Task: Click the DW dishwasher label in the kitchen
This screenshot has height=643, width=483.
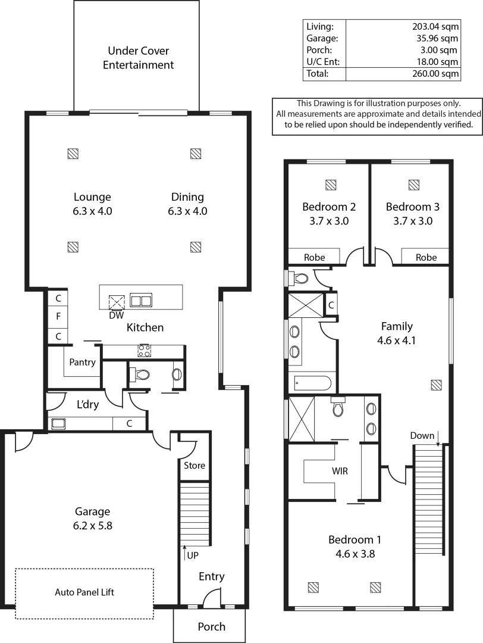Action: click(116, 315)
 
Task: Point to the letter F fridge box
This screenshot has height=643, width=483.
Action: click(58, 317)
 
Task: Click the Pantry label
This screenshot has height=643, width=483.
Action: click(83, 362)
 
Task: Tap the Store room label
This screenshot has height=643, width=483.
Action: click(195, 465)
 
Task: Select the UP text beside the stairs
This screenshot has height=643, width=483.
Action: click(193, 555)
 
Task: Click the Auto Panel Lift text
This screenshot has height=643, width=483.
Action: click(84, 592)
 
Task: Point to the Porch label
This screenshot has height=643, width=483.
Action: click(211, 626)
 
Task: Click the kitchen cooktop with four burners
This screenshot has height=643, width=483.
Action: click(145, 351)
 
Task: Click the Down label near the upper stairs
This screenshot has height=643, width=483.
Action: click(422, 436)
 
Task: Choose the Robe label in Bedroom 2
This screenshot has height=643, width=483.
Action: click(314, 257)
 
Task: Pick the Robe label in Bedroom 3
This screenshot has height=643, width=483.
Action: click(426, 257)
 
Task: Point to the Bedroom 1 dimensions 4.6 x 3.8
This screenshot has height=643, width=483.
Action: click(355, 554)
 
